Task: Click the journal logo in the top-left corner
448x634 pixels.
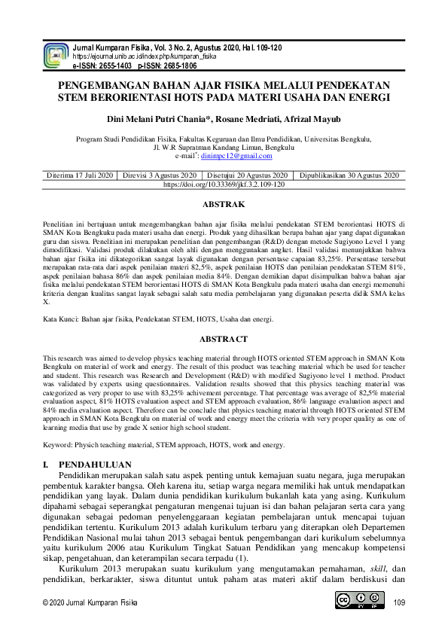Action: [56, 56]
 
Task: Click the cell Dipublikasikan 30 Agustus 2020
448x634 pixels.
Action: [349, 175]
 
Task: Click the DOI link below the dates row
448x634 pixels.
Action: [224, 184]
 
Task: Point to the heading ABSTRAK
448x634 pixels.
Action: [224, 205]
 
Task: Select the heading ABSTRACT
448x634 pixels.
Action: [224, 340]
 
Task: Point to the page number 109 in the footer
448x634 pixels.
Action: [399, 602]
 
